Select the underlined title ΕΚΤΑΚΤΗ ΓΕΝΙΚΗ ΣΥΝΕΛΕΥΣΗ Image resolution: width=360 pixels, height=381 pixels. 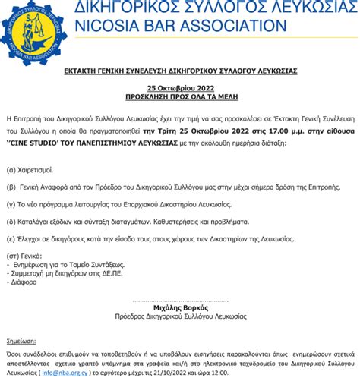point(179,70)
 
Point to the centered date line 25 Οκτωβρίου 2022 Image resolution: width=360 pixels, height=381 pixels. point(180,89)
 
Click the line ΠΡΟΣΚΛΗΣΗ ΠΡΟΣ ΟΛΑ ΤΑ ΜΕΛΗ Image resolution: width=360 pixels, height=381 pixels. point(180,98)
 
